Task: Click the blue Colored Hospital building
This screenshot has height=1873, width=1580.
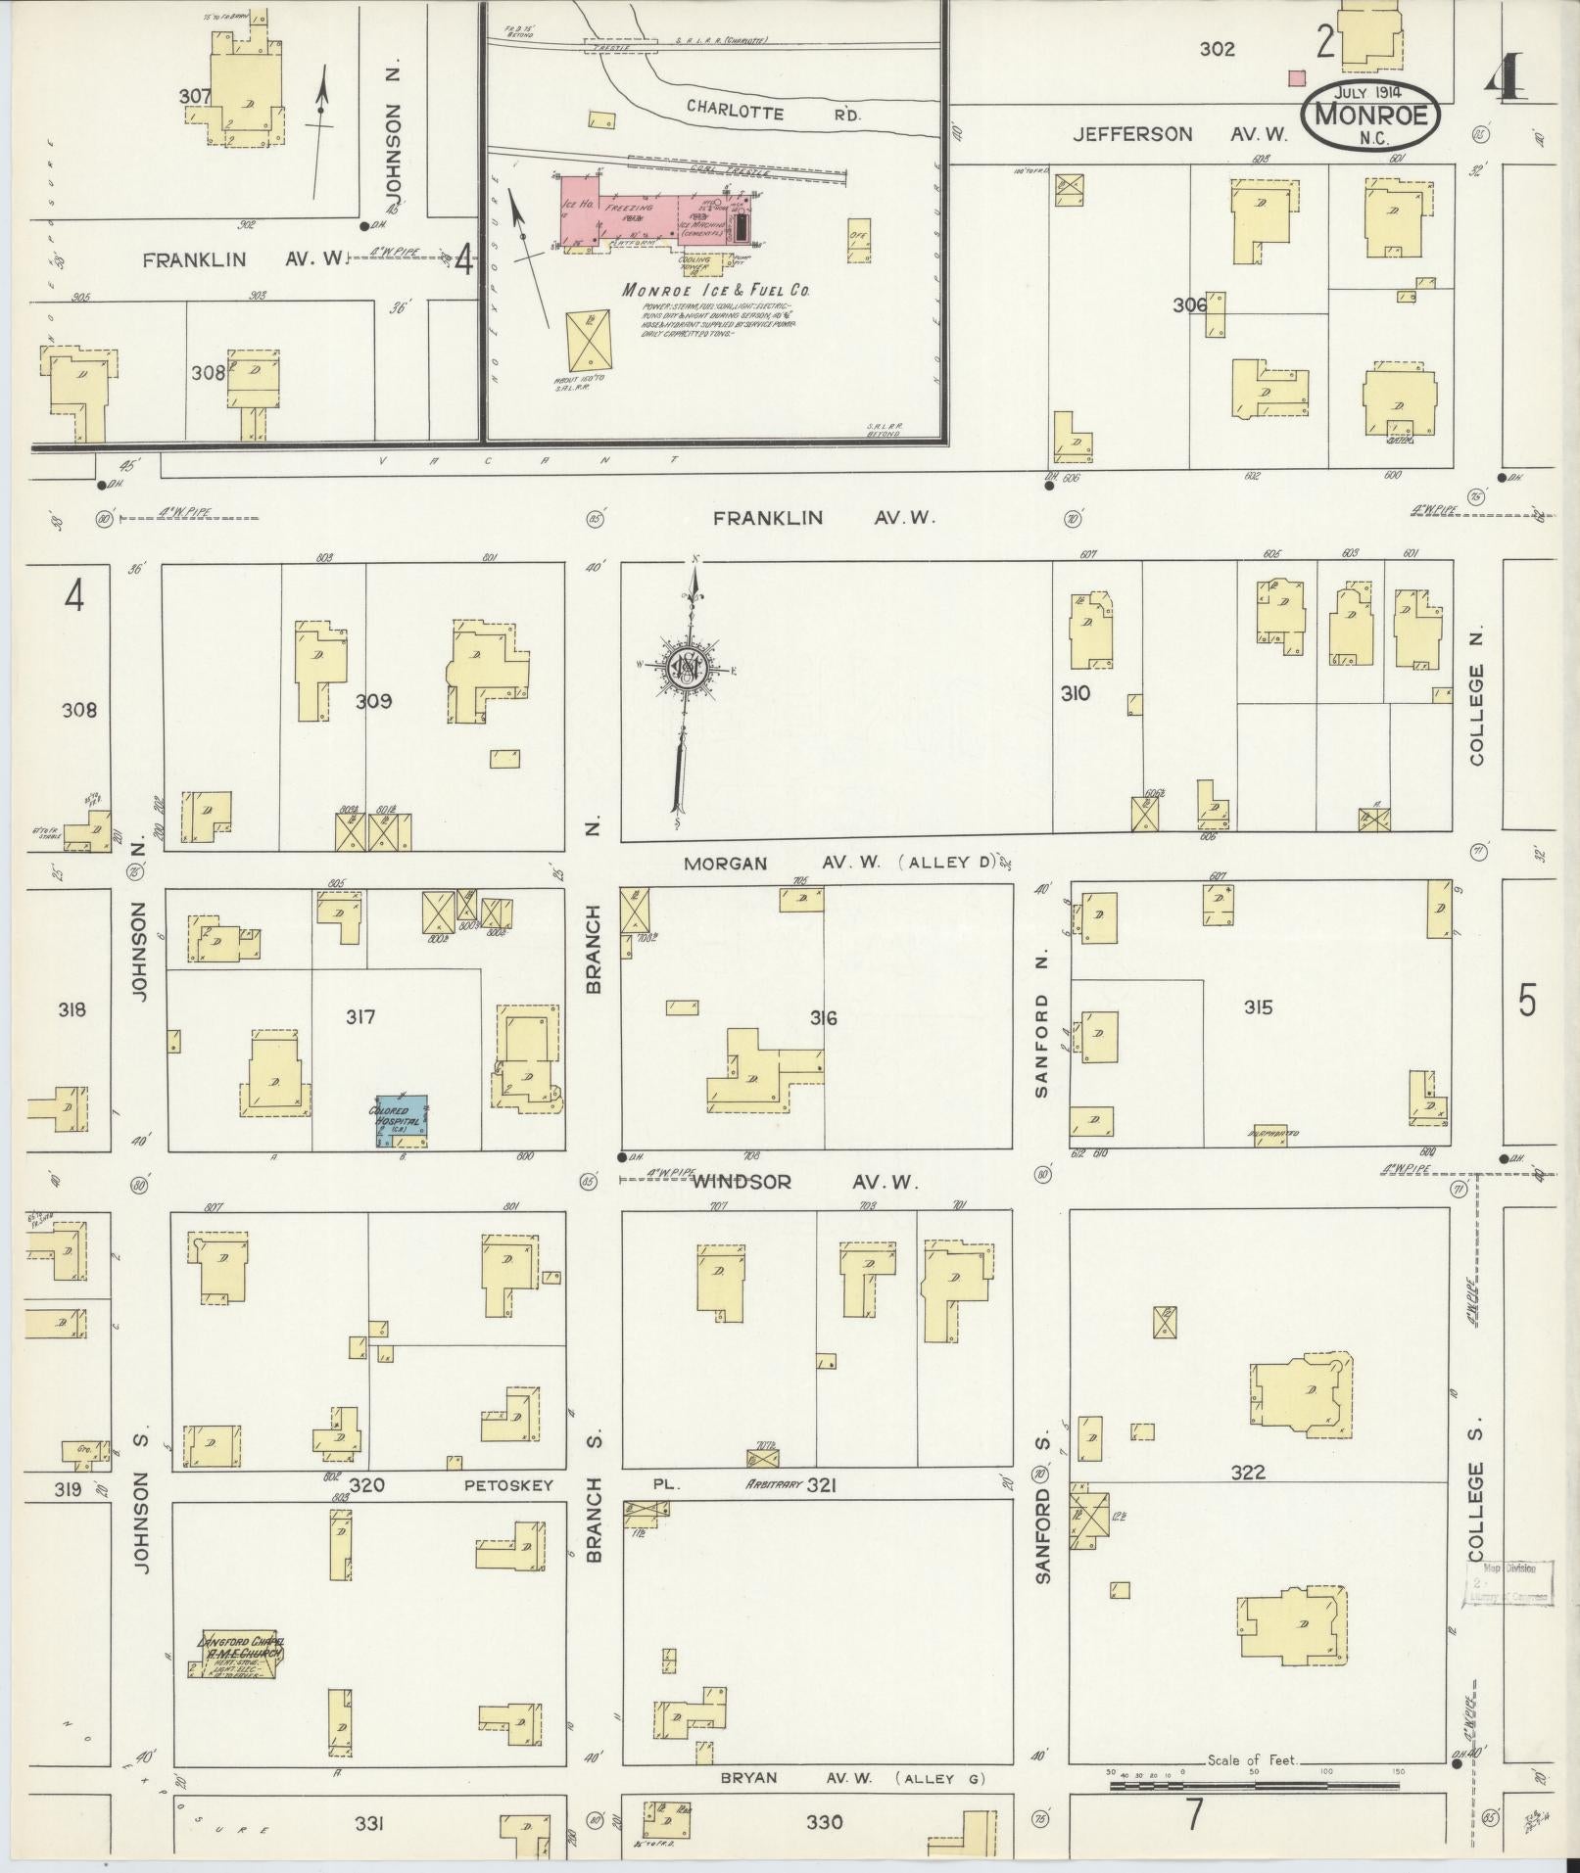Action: (403, 1121)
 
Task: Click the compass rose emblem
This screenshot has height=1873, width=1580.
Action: (687, 669)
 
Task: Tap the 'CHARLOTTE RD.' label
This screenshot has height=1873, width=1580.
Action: (774, 111)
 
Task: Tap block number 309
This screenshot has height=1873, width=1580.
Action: (373, 701)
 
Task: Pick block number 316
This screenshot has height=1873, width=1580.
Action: (823, 1018)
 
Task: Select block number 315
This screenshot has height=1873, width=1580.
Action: (1258, 1007)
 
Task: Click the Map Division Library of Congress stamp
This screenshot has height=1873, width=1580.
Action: (1509, 1584)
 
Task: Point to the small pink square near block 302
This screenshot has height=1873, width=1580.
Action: (1298, 77)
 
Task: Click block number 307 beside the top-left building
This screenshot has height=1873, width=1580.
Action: (196, 96)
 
